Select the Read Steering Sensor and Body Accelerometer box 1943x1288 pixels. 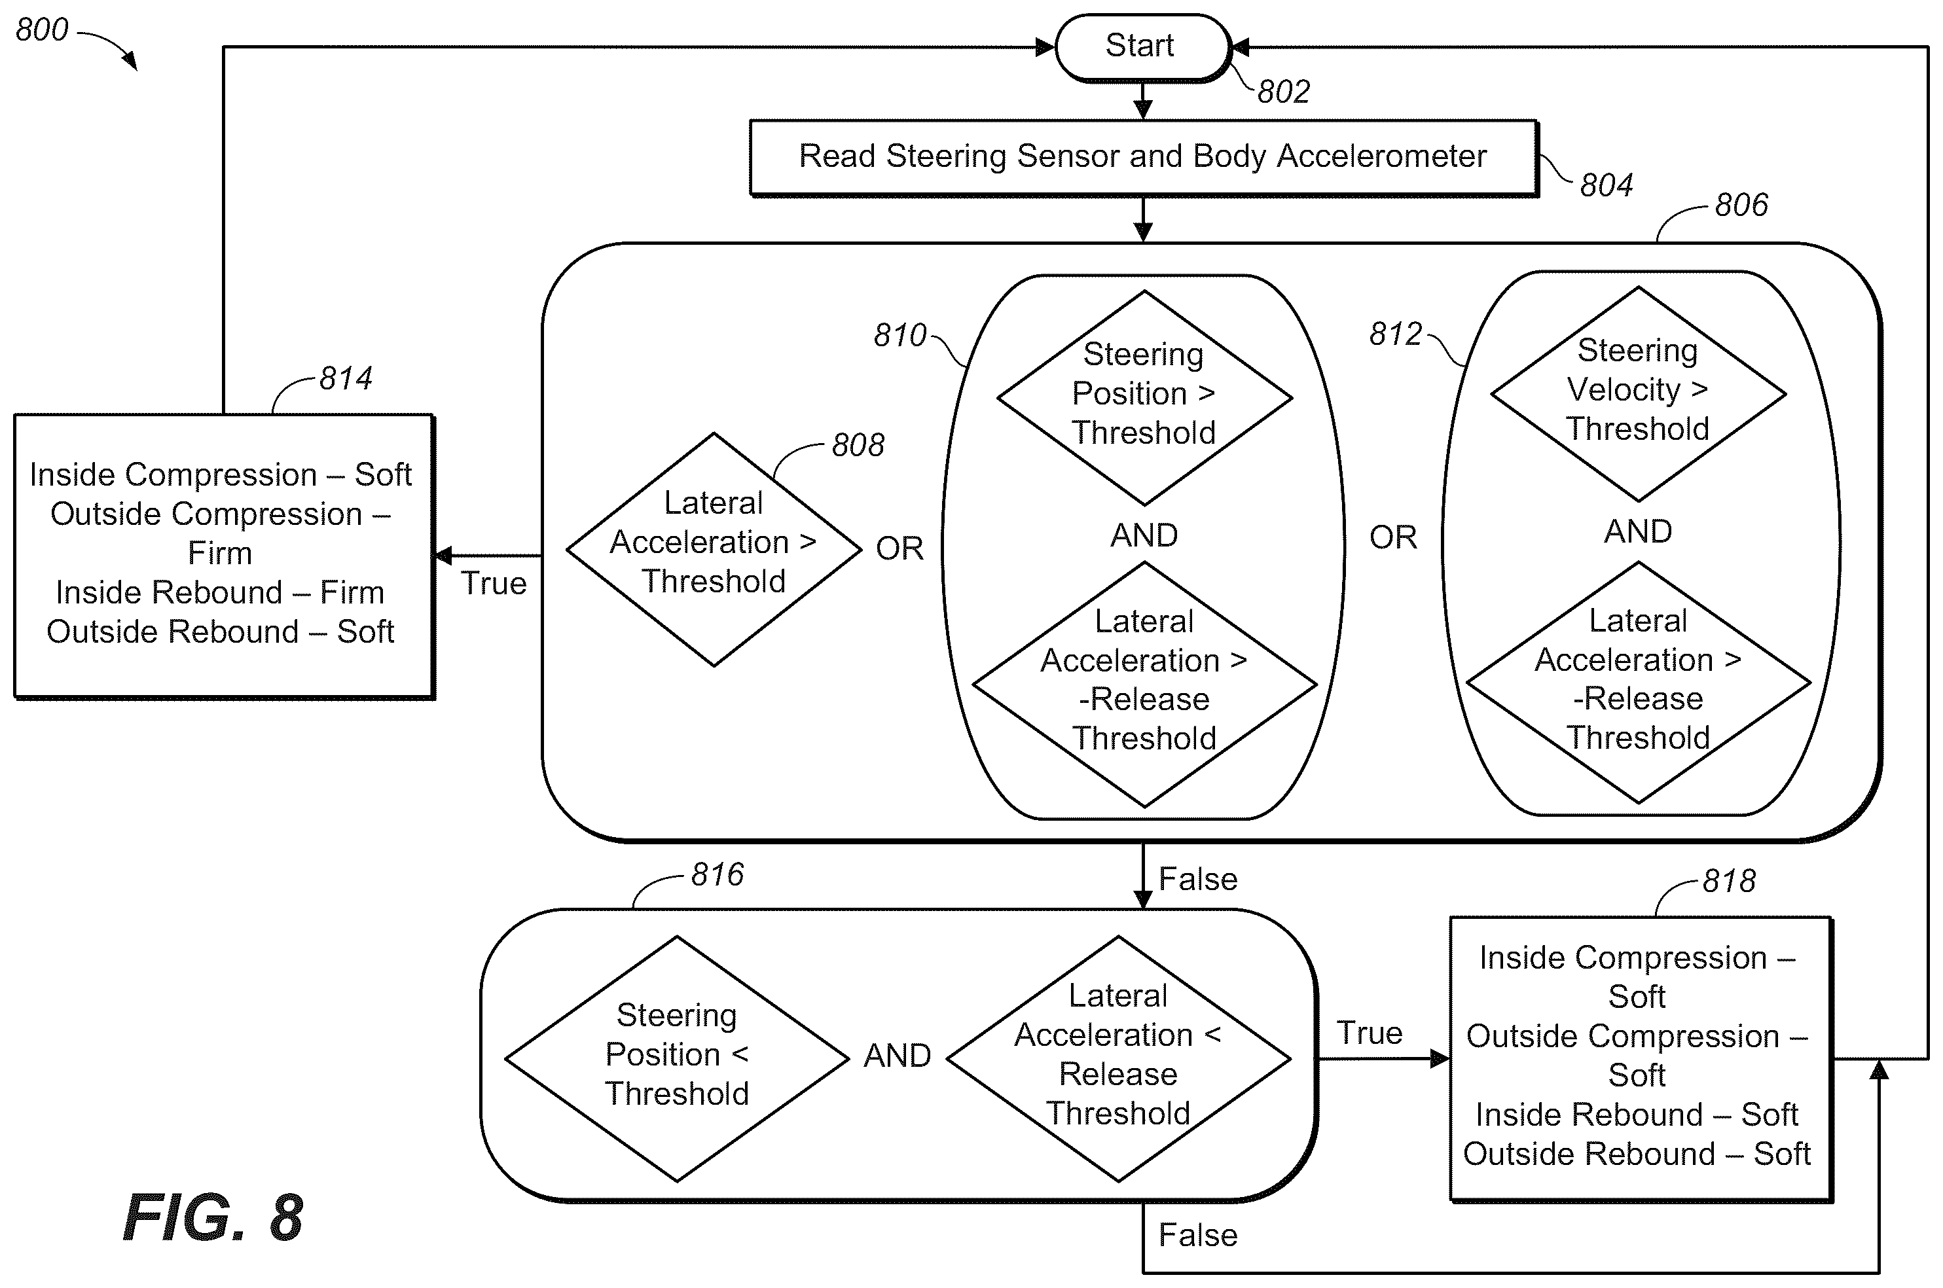point(1144,158)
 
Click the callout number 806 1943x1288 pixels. point(1741,206)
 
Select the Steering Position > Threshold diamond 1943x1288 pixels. point(1144,397)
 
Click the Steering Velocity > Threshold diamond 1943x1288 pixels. point(1638,394)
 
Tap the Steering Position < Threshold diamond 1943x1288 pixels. point(677,1059)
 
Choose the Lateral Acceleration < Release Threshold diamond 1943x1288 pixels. point(1118,1059)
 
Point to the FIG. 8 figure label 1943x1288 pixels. point(213,1217)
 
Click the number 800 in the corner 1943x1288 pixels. point(42,30)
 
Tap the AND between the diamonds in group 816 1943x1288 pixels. point(897,1056)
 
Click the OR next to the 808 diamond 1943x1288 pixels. point(899,548)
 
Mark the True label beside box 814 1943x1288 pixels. point(493,583)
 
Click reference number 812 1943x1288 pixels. point(1395,334)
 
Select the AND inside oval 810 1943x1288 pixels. point(1144,535)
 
